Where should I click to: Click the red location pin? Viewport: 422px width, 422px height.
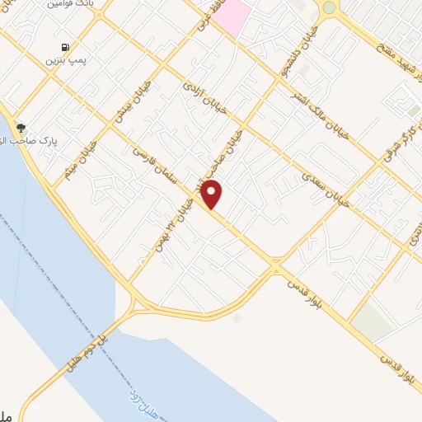(213, 193)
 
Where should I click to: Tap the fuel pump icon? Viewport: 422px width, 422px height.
(65, 48)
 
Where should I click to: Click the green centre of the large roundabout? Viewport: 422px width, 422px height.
(330, 7)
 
